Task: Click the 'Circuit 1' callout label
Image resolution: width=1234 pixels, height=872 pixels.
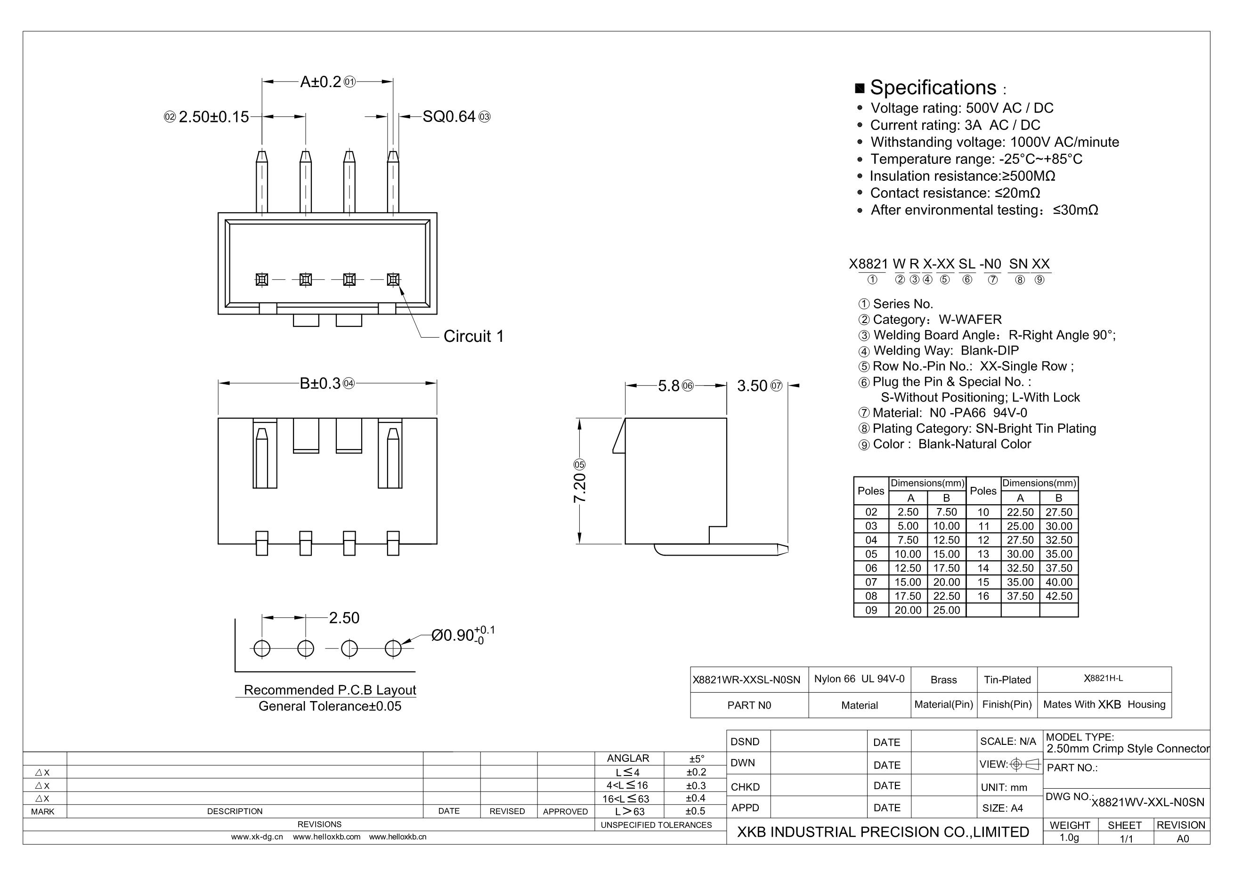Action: (473, 336)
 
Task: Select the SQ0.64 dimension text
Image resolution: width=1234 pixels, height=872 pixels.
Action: (449, 117)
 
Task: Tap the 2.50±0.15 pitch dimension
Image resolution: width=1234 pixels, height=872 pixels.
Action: (213, 117)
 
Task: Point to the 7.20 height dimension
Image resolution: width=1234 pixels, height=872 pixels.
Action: (580, 488)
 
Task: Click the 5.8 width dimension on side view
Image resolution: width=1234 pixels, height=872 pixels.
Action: (669, 386)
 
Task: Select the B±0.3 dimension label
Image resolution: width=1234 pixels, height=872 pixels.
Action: (320, 384)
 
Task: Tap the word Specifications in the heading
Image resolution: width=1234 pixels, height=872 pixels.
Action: (933, 88)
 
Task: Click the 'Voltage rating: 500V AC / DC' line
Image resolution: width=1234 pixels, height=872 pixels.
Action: (961, 108)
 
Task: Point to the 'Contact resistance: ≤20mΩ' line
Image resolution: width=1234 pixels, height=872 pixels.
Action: (955, 193)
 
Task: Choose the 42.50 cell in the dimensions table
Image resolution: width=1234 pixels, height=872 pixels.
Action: (1059, 596)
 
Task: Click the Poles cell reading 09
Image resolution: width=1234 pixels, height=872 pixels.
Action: (871, 610)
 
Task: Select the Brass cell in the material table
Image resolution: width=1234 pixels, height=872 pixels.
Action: (944, 679)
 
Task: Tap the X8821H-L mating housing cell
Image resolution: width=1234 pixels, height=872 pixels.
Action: (1104, 678)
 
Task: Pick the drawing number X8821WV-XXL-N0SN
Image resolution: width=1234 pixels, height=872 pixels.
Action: (1147, 802)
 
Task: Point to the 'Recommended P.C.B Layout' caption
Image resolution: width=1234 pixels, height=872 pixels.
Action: (330, 690)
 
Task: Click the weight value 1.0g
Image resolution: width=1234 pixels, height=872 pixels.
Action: (1069, 838)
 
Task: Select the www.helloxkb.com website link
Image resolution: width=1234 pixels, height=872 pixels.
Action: (326, 837)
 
